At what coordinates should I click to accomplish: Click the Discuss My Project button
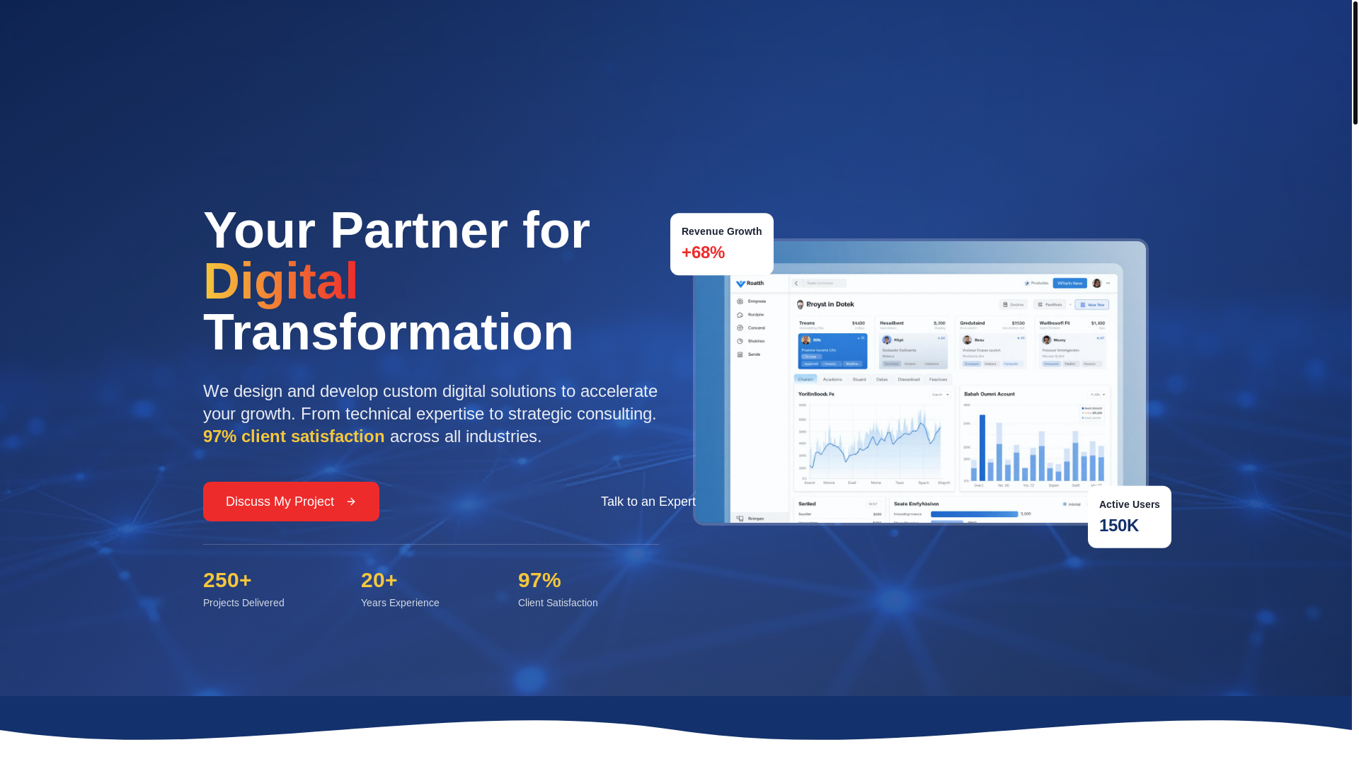point(290,502)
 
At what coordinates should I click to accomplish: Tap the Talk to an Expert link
point(648,502)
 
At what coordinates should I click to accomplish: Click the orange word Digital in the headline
point(280,281)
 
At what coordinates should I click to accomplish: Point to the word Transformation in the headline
point(388,332)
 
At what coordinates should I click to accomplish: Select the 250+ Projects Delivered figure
point(227,580)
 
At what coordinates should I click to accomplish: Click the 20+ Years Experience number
point(379,580)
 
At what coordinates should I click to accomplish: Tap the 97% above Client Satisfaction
point(539,580)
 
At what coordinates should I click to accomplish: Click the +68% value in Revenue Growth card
point(703,253)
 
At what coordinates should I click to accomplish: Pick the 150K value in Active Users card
point(1118,526)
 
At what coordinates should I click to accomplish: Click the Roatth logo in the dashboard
point(750,284)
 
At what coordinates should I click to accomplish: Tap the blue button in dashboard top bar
point(1070,283)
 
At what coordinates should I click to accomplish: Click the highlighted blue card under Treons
point(832,351)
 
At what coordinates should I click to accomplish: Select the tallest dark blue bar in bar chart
point(982,448)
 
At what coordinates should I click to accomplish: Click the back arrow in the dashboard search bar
point(796,283)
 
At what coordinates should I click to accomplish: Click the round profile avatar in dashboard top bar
point(1096,283)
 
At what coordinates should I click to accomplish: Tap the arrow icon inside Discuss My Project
point(351,502)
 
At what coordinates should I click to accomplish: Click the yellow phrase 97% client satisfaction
point(294,436)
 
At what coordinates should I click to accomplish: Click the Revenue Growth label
point(721,231)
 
